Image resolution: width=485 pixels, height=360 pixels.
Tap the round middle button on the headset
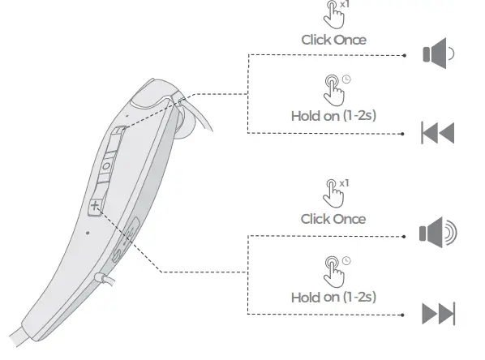point(106,167)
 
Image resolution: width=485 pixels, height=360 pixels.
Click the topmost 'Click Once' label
point(333,39)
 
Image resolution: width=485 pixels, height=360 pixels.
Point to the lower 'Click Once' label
point(333,219)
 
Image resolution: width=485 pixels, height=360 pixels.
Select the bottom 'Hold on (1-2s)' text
point(333,297)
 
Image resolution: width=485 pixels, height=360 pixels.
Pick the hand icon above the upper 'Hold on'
point(333,88)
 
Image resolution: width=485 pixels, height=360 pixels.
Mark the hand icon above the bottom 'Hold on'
point(333,268)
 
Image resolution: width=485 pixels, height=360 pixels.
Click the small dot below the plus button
point(87,233)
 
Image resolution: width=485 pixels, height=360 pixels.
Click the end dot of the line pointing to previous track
point(404,133)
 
